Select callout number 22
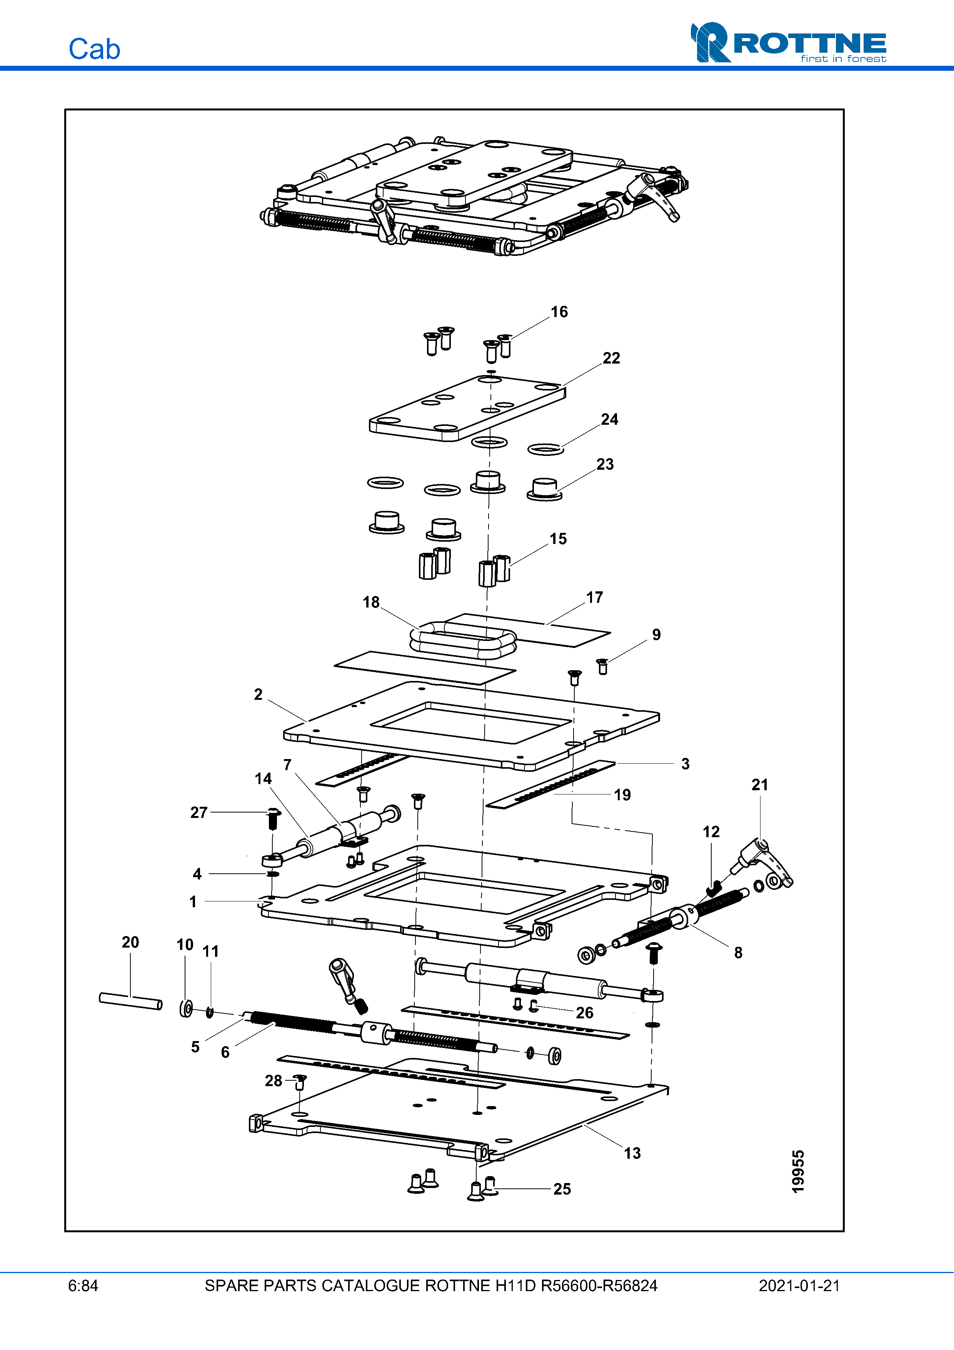(611, 358)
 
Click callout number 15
(558, 539)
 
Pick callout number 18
(371, 602)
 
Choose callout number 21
(759, 784)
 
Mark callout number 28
(274, 1081)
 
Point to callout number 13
(632, 1153)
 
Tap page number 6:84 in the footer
(83, 1286)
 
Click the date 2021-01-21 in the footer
(799, 1286)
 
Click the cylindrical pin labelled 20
(130, 1001)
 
